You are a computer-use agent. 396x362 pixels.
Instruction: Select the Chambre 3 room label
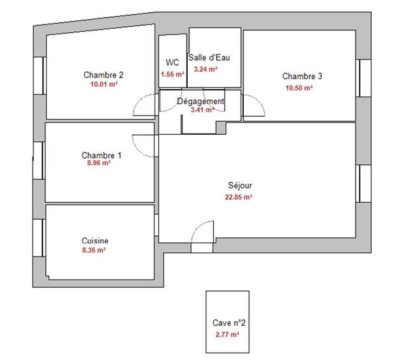pos(302,77)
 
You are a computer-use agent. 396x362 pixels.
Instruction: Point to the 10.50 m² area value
pos(299,88)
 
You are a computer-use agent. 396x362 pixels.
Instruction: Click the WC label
pos(172,62)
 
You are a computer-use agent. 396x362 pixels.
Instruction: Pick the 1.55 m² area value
pos(172,74)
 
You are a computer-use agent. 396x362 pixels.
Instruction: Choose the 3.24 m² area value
pos(206,69)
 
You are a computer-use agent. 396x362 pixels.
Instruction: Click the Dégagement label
pos(201,101)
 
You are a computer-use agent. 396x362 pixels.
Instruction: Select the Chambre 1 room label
pos(102,155)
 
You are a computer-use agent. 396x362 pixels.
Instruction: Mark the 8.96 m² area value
pos(99,163)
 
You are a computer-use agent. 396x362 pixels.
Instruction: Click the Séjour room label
pos(240,185)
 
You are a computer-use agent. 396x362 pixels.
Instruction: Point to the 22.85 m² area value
pos(239,197)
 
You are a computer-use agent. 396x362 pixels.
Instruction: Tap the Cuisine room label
pos(95,241)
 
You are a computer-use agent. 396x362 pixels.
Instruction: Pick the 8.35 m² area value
pos(94,250)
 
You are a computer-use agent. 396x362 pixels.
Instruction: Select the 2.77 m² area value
pos(227,335)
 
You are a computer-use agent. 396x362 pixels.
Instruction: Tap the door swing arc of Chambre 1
pos(147,147)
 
